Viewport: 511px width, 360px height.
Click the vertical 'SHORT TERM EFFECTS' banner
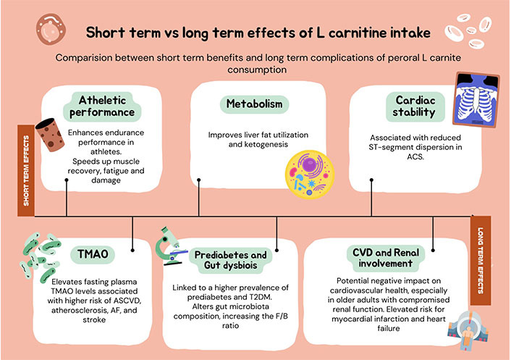(x=27, y=170)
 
